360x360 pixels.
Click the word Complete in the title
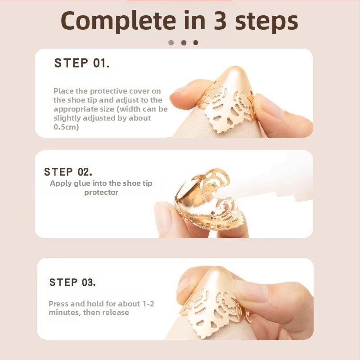[118, 21]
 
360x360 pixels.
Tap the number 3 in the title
[220, 21]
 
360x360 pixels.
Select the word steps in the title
[266, 21]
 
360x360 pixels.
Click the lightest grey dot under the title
[171, 43]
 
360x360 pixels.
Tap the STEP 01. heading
[82, 63]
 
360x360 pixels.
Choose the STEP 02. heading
[68, 172]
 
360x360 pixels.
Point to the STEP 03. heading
[72, 283]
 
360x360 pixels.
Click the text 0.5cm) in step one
[66, 127]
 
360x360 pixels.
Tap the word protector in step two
[101, 193]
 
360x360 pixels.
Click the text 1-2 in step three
[148, 304]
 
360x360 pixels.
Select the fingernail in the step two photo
[163, 217]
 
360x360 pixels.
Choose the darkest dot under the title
[196, 43]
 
